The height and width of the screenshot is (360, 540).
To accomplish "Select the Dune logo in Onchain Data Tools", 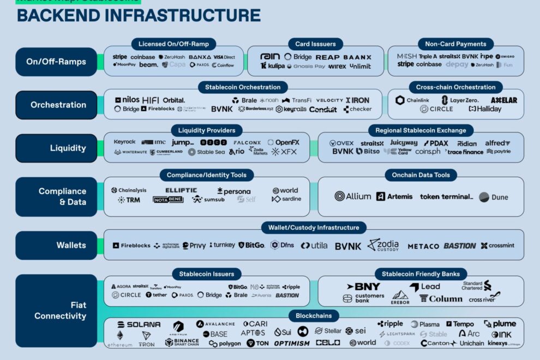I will [494, 197].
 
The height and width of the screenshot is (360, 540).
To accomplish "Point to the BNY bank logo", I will [363, 286].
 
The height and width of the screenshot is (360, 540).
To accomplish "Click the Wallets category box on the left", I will [56, 245].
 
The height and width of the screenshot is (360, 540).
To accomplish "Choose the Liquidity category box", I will [56, 148].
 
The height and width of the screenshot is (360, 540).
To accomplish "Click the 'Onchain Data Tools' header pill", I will [421, 175].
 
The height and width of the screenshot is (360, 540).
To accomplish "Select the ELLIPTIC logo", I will [182, 190].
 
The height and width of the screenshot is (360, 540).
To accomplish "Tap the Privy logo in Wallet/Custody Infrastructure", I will [194, 245].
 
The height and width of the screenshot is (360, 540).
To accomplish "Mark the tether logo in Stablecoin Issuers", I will [156, 295].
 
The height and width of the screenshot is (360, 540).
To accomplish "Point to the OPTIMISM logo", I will [291, 343].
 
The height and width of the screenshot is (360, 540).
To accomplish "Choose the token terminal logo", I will [446, 196].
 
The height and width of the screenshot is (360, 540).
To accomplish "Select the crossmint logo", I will [497, 245].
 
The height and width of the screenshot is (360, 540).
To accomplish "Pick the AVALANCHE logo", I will [215, 324].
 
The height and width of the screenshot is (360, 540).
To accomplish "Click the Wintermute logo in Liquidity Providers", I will [130, 152].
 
